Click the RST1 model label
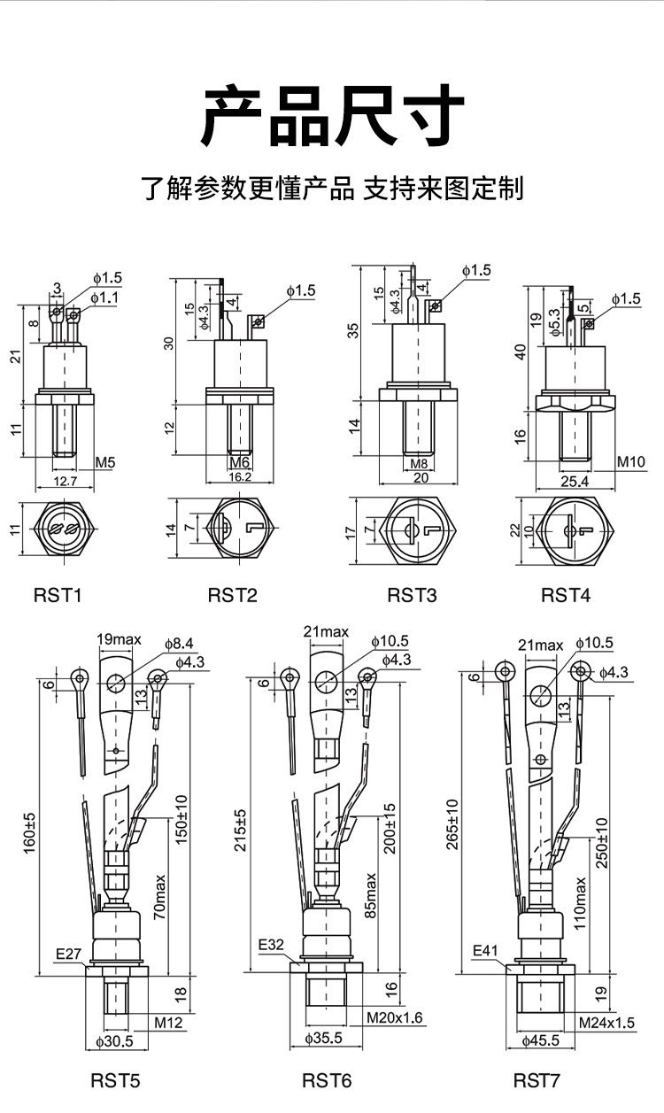coord(58,595)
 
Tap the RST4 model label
coord(566,595)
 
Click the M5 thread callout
coord(105,462)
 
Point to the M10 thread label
coord(630,461)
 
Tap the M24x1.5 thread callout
coord(606,1023)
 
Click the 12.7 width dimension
coord(66,481)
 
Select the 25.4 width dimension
coord(575,481)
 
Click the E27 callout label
coord(68,954)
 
